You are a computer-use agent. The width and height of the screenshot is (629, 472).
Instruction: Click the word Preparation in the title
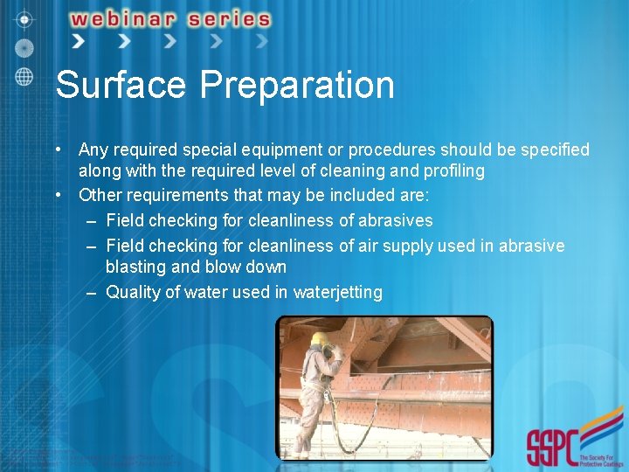pos(297,86)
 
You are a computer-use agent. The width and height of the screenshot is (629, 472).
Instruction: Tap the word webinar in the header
pos(135,19)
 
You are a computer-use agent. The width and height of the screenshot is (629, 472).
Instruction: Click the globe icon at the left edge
pos(24,76)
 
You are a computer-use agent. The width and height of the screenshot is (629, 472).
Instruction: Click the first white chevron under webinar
pos(79,40)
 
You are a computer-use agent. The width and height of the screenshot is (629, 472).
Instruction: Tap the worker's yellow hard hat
pos(320,338)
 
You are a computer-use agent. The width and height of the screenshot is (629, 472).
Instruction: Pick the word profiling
pos(453,170)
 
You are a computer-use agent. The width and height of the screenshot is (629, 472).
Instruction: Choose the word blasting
pos(136,267)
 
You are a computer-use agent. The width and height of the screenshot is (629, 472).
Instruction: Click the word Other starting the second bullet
pos(99,195)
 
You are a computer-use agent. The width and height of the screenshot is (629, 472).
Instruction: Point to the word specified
pos(556,150)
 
